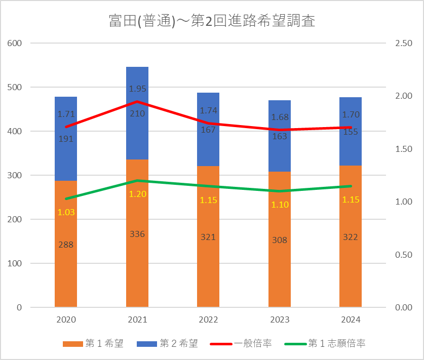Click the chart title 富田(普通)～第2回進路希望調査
pyautogui.click(x=212, y=21)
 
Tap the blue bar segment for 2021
pyautogui.click(x=137, y=137)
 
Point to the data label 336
pyautogui.click(x=137, y=234)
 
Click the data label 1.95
pyautogui.click(x=137, y=89)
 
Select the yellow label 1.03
pyautogui.click(x=66, y=212)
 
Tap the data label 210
pyautogui.click(x=137, y=113)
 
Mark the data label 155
pyautogui.click(x=351, y=132)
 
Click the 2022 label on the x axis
pyautogui.click(x=208, y=319)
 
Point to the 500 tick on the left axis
pyautogui.click(x=15, y=87)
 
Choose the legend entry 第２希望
pyautogui.click(x=167, y=344)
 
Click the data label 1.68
pyautogui.click(x=280, y=117)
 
